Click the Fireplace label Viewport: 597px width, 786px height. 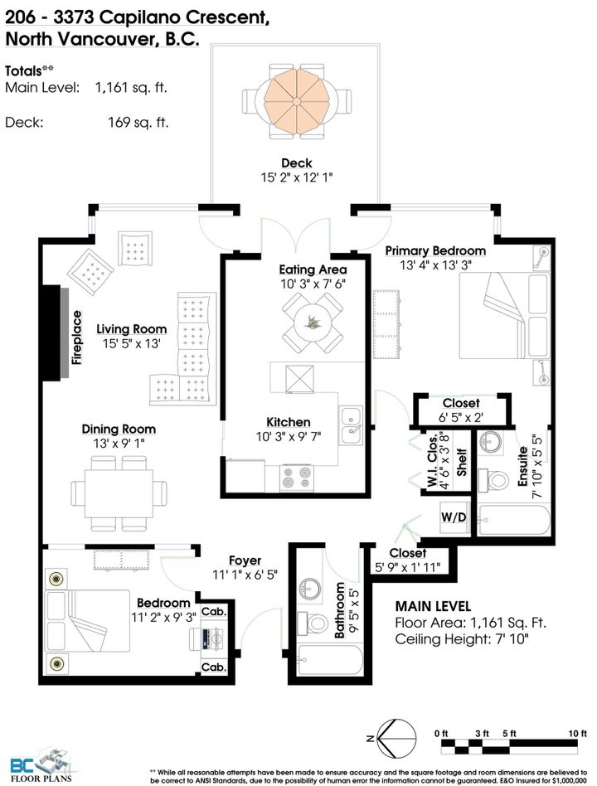point(76,337)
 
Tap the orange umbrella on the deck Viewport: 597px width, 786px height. point(297,101)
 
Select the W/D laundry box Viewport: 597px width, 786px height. point(454,517)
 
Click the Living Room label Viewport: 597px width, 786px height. point(131,329)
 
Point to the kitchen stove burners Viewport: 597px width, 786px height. point(297,477)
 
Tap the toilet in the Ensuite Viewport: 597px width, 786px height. point(493,480)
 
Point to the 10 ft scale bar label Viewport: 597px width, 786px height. point(577,734)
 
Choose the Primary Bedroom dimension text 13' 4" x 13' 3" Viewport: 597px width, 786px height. point(435,264)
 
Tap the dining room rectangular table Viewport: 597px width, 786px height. point(119,493)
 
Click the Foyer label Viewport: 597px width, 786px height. point(245,560)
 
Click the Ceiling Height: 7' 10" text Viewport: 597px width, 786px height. point(462,639)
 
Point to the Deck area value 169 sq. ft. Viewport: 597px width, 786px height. point(138,123)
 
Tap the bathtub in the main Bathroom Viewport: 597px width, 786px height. point(329,660)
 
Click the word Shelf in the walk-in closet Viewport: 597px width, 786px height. point(461,462)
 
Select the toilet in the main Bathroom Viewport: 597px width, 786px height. point(313,623)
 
